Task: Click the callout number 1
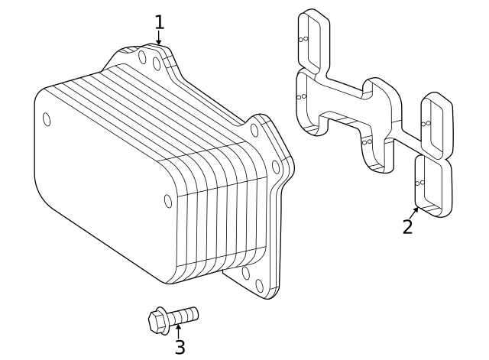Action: [x=159, y=21]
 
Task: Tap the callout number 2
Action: [x=408, y=226]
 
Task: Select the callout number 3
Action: [x=180, y=347]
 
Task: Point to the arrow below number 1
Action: [x=159, y=40]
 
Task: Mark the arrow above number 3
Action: [x=178, y=329]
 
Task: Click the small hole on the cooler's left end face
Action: [x=47, y=118]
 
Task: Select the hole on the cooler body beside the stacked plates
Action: [x=168, y=201]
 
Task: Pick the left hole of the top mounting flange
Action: [x=142, y=57]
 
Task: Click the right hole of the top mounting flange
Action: [x=157, y=63]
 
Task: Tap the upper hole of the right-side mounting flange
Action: [x=254, y=130]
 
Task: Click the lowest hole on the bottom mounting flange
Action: [x=259, y=285]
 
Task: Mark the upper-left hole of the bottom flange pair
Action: [x=245, y=273]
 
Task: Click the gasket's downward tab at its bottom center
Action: [x=375, y=148]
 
